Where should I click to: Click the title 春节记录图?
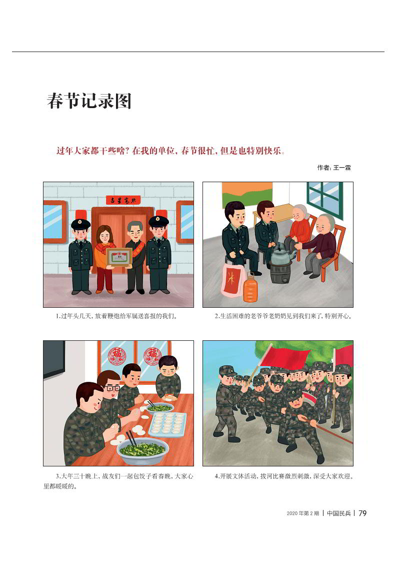click(89, 101)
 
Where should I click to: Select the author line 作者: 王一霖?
click(333, 167)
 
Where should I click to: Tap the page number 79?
click(362, 513)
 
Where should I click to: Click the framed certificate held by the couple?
click(119, 257)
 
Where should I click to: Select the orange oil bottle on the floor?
click(250, 287)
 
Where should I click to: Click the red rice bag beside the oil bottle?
click(233, 280)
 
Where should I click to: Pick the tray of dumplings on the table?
click(167, 424)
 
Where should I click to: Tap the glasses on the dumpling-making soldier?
click(113, 388)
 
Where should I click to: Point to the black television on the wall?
click(53, 359)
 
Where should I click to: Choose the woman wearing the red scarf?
click(104, 259)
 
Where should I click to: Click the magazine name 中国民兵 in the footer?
click(338, 513)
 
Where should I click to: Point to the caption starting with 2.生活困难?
click(283, 316)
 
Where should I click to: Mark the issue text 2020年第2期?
click(302, 513)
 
